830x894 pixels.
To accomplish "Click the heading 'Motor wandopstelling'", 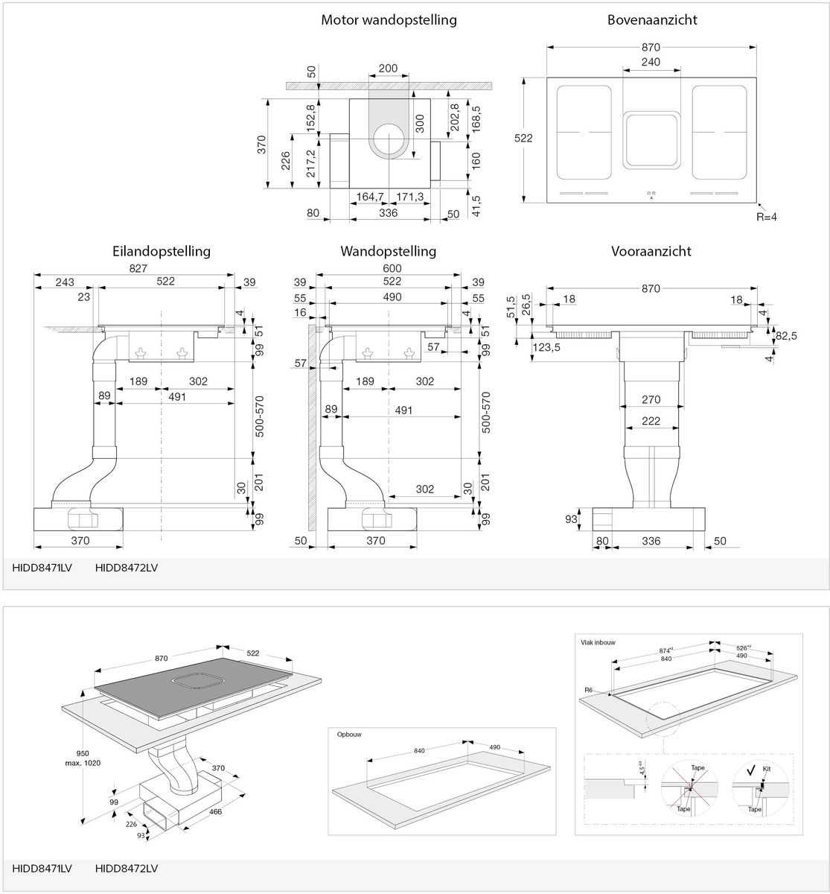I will (389, 20).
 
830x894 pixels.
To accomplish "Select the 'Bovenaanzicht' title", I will (651, 20).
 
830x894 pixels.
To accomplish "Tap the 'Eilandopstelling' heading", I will (162, 251).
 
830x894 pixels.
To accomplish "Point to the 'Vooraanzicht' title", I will (651, 251).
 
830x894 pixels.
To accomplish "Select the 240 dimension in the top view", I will (651, 63).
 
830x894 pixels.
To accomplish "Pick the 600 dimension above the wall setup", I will (392, 267).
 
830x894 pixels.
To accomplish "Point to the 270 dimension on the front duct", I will (651, 400).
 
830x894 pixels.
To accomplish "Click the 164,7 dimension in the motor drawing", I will (370, 196).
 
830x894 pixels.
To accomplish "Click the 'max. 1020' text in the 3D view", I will (83, 762).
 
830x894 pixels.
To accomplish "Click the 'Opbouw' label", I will (348, 735).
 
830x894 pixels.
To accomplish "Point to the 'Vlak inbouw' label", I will (598, 641).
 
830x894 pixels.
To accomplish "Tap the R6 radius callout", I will (589, 691).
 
